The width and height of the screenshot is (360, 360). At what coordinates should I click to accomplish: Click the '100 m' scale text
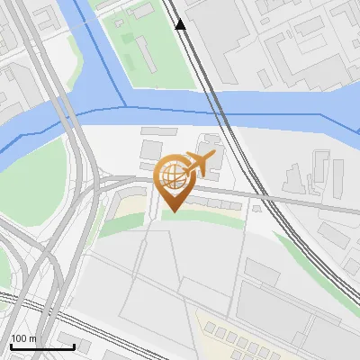23,338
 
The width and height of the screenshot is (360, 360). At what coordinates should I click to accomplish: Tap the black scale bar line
41,346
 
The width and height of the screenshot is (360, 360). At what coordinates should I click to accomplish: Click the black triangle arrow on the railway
181,24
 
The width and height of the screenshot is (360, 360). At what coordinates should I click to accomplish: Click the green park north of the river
153,45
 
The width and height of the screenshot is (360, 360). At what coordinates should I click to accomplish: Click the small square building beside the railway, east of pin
256,208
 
